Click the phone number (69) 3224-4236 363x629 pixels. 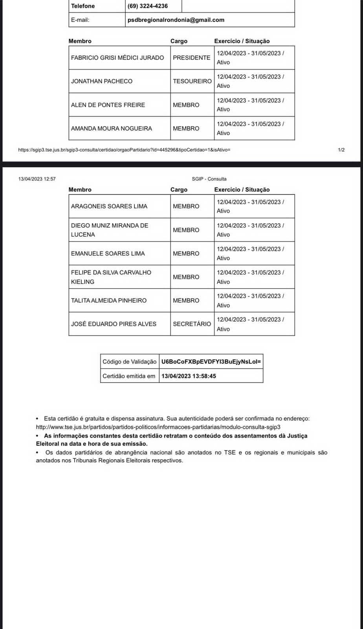click(148, 6)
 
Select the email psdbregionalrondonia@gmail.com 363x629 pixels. click(176, 20)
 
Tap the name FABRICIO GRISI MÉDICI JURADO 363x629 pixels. click(117, 58)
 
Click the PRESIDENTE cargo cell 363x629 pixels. click(192, 58)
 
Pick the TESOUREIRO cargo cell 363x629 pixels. click(192, 81)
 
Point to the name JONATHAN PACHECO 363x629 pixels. click(102, 81)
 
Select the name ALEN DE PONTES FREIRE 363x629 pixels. click(108, 105)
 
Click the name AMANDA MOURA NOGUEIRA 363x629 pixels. click(112, 129)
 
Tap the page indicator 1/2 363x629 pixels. click(341, 150)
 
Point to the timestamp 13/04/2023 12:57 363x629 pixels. click(37, 179)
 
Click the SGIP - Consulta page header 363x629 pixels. click(209, 179)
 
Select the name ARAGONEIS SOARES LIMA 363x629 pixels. click(109, 206)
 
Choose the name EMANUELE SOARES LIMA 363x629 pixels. click(108, 254)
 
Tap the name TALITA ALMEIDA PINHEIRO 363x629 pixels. click(109, 301)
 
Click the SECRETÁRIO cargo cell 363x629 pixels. click(192, 324)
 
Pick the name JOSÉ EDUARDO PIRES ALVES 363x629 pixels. click(114, 324)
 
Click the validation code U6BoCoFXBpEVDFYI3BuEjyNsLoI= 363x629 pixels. click(211, 362)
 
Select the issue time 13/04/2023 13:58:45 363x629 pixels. click(189, 376)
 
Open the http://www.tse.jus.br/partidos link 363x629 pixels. click(158, 427)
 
